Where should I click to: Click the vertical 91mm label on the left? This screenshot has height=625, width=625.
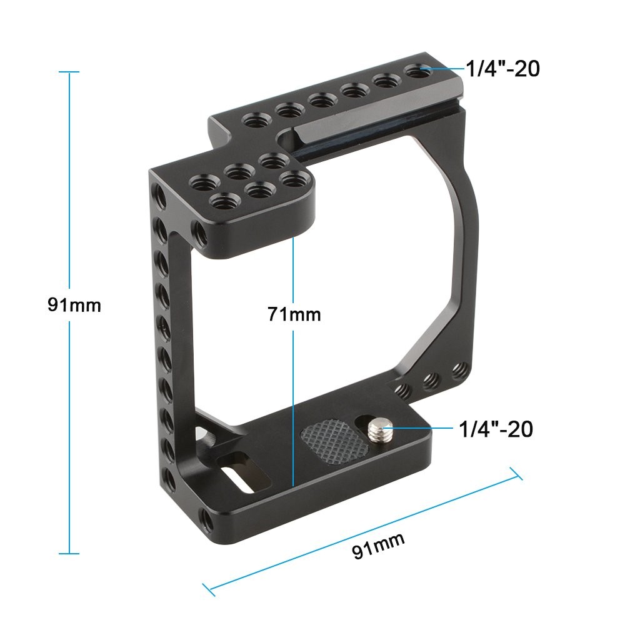74,306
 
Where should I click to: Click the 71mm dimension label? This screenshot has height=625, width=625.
294,314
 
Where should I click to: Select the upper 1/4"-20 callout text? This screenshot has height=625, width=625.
502,69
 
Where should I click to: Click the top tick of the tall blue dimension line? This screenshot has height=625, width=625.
69,72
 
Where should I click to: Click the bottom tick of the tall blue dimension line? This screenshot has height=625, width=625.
69,553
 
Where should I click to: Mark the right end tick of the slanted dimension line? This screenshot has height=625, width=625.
517,473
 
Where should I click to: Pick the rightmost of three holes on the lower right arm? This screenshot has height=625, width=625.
459,369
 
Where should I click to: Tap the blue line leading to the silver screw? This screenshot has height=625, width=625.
416,429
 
